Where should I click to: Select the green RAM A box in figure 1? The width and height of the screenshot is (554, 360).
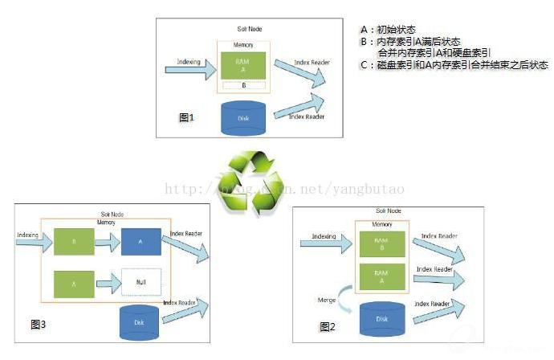[x=242, y=65]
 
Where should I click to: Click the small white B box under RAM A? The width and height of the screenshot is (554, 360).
[x=243, y=84]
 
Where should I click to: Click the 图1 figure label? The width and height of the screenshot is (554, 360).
[x=186, y=117]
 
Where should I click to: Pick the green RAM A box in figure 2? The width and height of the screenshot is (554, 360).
[x=381, y=278]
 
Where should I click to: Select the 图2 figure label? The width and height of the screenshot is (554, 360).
[x=327, y=326]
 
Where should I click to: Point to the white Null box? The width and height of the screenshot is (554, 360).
[x=142, y=283]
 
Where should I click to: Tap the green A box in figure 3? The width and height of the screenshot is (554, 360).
[x=75, y=283]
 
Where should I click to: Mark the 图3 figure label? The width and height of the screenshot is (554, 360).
[x=38, y=325]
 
